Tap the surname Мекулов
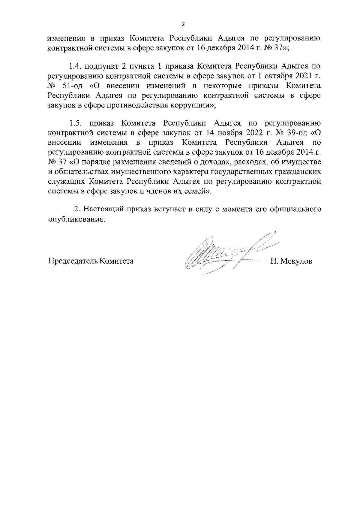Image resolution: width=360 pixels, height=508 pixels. point(295,261)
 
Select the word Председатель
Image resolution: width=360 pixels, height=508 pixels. point(73,261)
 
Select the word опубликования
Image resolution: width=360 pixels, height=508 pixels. point(77,219)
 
